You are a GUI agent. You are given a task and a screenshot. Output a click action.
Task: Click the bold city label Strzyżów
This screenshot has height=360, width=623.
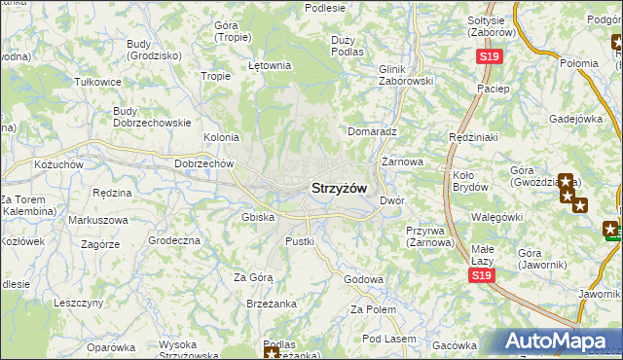pyautogui.click(x=339, y=187)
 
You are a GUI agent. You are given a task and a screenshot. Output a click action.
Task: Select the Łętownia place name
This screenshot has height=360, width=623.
pyautogui.click(x=270, y=66)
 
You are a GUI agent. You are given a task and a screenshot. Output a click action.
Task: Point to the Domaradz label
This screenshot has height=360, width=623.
pyautogui.click(x=373, y=129)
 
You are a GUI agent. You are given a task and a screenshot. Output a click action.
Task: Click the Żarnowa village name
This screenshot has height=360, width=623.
pyautogui.click(x=402, y=161)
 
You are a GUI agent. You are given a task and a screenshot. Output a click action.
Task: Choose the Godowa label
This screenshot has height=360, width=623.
pyautogui.click(x=363, y=279)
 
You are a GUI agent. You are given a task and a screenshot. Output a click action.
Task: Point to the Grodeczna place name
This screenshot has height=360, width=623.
pyautogui.click(x=173, y=239)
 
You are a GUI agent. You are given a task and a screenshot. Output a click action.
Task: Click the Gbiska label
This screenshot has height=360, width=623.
pyautogui.click(x=257, y=217)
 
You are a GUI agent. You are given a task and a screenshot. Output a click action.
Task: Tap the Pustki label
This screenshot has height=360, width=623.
pyautogui.click(x=299, y=240)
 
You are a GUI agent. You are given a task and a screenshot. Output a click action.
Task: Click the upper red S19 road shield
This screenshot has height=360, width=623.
pyautogui.click(x=489, y=57)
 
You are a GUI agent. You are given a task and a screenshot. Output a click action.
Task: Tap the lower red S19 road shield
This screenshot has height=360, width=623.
pyautogui.click(x=479, y=276)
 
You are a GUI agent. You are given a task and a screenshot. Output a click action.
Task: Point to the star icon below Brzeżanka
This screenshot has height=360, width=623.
pyautogui.click(x=271, y=352)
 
